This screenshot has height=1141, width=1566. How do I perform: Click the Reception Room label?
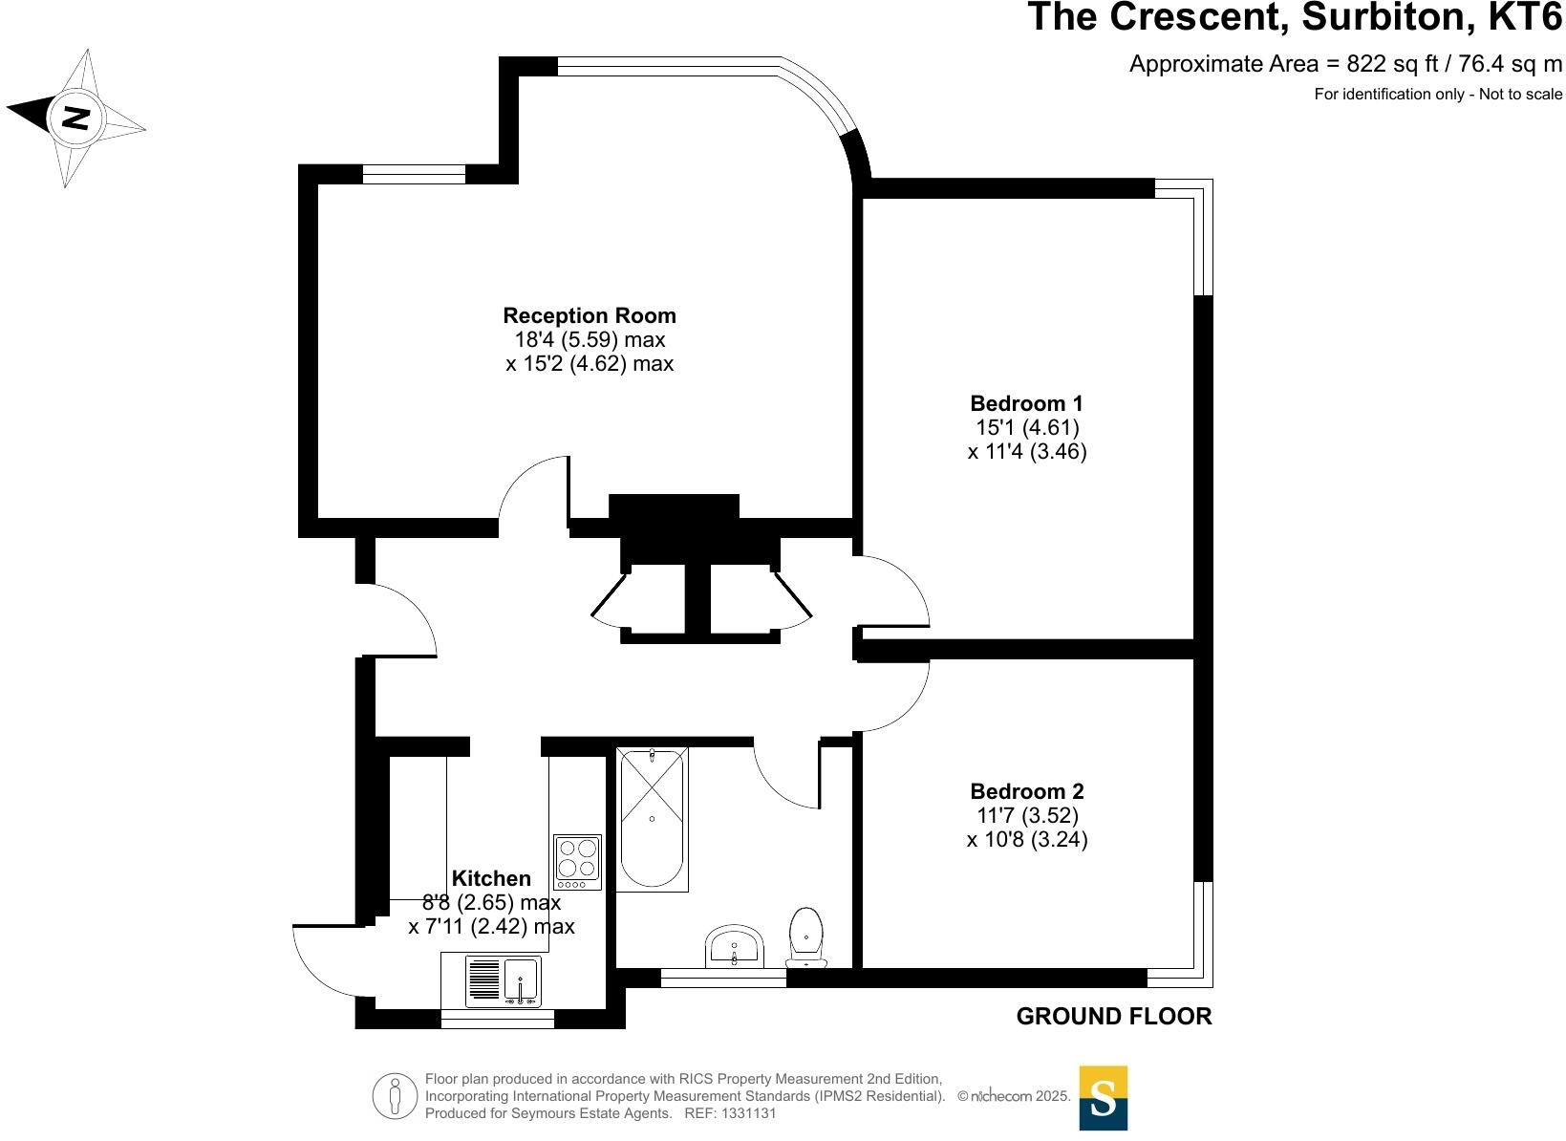click(x=589, y=315)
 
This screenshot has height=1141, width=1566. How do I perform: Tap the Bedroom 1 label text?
click(x=1026, y=403)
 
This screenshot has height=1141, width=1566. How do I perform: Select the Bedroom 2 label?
click(x=1026, y=791)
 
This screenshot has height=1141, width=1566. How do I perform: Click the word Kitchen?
click(x=490, y=878)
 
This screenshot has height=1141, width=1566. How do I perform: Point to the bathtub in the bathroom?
click(x=652, y=819)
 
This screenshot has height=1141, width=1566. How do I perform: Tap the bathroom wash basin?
click(x=734, y=947)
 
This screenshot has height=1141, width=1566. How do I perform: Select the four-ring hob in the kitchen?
click(x=577, y=857)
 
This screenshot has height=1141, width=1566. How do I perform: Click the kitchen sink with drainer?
click(x=503, y=980)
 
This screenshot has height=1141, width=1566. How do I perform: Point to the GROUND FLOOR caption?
click(x=1113, y=1016)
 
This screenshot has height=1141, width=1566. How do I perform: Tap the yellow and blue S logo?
click(x=1103, y=1098)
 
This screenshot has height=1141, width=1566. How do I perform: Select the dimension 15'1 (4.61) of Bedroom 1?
click(x=1026, y=427)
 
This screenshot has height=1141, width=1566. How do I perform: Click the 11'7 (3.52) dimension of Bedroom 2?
click(x=1026, y=815)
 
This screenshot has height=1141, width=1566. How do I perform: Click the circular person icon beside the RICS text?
click(x=395, y=1096)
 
